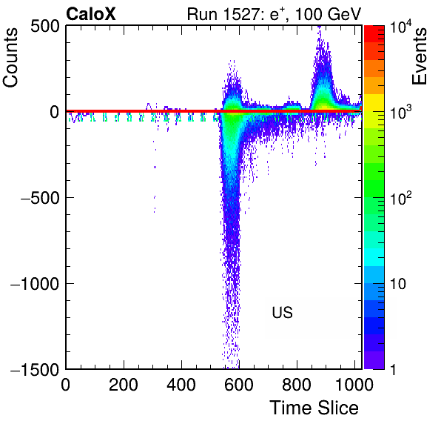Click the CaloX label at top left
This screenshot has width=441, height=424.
tap(91, 14)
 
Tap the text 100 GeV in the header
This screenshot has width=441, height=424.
tap(328, 14)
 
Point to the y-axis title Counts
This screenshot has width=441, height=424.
tap(10, 58)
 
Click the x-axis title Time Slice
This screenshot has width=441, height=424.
tap(314, 408)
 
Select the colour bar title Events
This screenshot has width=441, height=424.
tap(419, 56)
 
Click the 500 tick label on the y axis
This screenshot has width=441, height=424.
tap(45, 27)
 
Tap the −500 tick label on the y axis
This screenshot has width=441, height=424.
tap(40, 198)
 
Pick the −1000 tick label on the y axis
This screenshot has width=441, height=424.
tap(36, 284)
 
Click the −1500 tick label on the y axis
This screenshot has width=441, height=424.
tap(36, 369)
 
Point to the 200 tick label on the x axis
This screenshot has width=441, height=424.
tap(124, 384)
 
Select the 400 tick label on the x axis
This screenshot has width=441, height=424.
tap(181, 384)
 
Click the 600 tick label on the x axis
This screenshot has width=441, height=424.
tap(239, 384)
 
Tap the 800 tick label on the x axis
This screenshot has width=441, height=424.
tap(297, 384)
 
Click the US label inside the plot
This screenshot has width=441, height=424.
tap(283, 312)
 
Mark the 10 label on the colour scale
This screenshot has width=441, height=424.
tap(398, 284)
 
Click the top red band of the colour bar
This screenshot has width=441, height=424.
tap(374, 34)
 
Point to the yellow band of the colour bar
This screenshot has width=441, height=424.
tap(374, 102)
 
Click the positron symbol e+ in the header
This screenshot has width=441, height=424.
tap(277, 14)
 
